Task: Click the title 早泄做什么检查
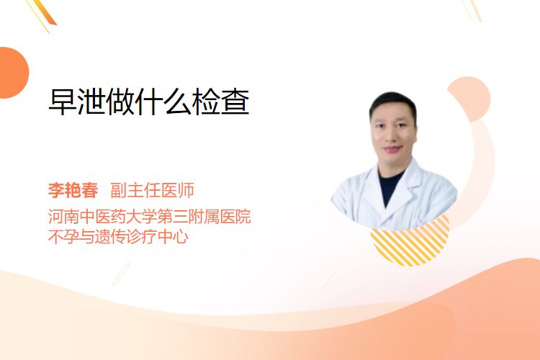coord(149,102)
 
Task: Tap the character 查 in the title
coord(235,102)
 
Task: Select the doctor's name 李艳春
coord(73,190)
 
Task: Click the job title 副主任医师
coord(152,190)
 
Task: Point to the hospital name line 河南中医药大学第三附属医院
coord(150,216)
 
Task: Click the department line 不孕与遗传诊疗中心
coord(118,237)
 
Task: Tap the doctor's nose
coord(392,136)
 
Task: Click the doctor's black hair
coord(392,103)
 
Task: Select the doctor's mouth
coord(392,149)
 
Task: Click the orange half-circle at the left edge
coord(14,73)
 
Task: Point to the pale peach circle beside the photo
coord(474,98)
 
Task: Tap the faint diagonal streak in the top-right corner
coord(472,9)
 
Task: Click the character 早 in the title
coord(63,102)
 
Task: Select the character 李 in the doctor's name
coord(56,190)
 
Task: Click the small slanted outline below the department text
coord(121,274)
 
